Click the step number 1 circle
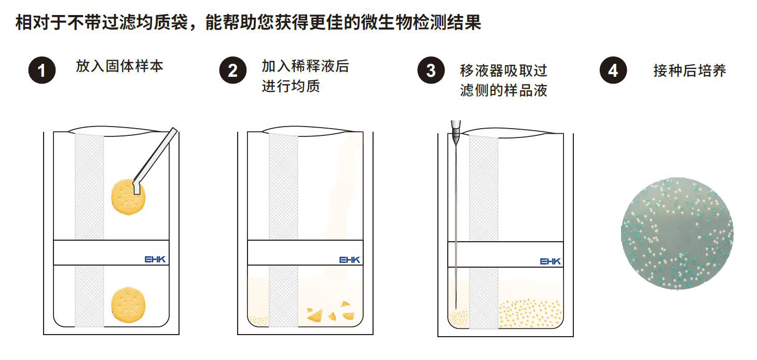coord(42,71)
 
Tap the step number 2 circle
coord(233,71)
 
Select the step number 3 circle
coord(431,71)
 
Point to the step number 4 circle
coord(613,71)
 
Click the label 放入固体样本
coord(120,66)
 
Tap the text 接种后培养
coord(690,71)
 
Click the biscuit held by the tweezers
coord(129,197)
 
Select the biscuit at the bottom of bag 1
coord(129,305)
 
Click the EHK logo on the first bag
coord(155,259)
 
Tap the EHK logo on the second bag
coord(350,259)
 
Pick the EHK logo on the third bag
coord(550,261)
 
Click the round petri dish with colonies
coord(677,233)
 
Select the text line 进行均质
coord(291,86)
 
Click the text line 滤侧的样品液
coord(503,90)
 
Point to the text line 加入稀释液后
coord(306,66)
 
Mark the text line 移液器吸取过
coord(503,71)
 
